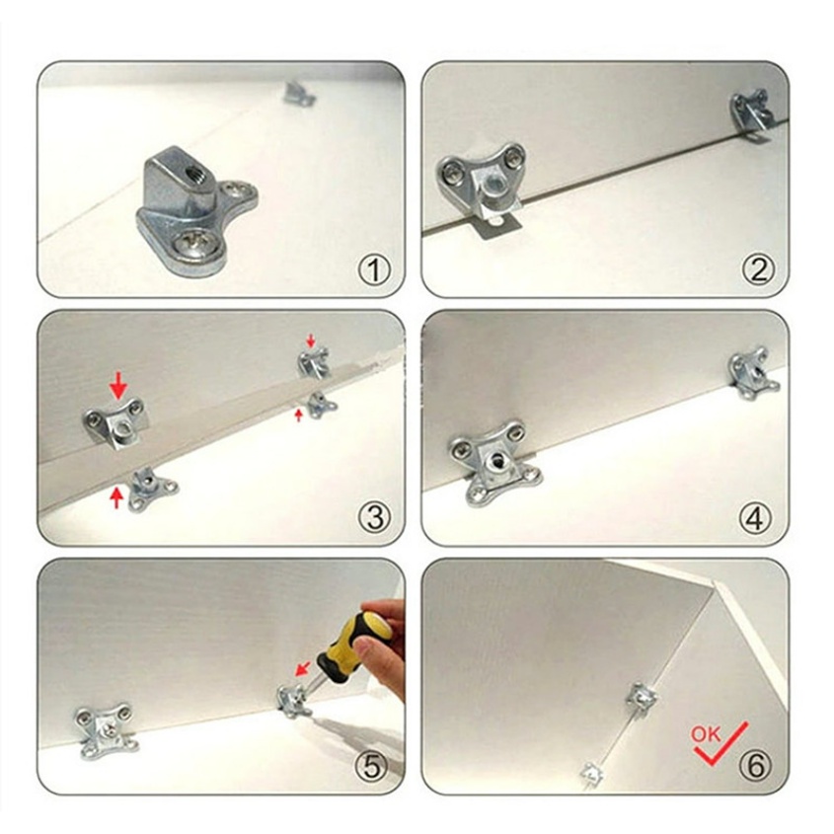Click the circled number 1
373,269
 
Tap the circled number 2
758,269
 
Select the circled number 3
374,517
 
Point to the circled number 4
755,517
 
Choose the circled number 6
755,766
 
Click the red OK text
706,734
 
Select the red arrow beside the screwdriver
303,668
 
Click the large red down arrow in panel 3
118,385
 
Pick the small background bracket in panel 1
298,94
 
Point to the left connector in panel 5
106,729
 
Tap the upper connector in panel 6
642,698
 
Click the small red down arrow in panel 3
311,341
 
